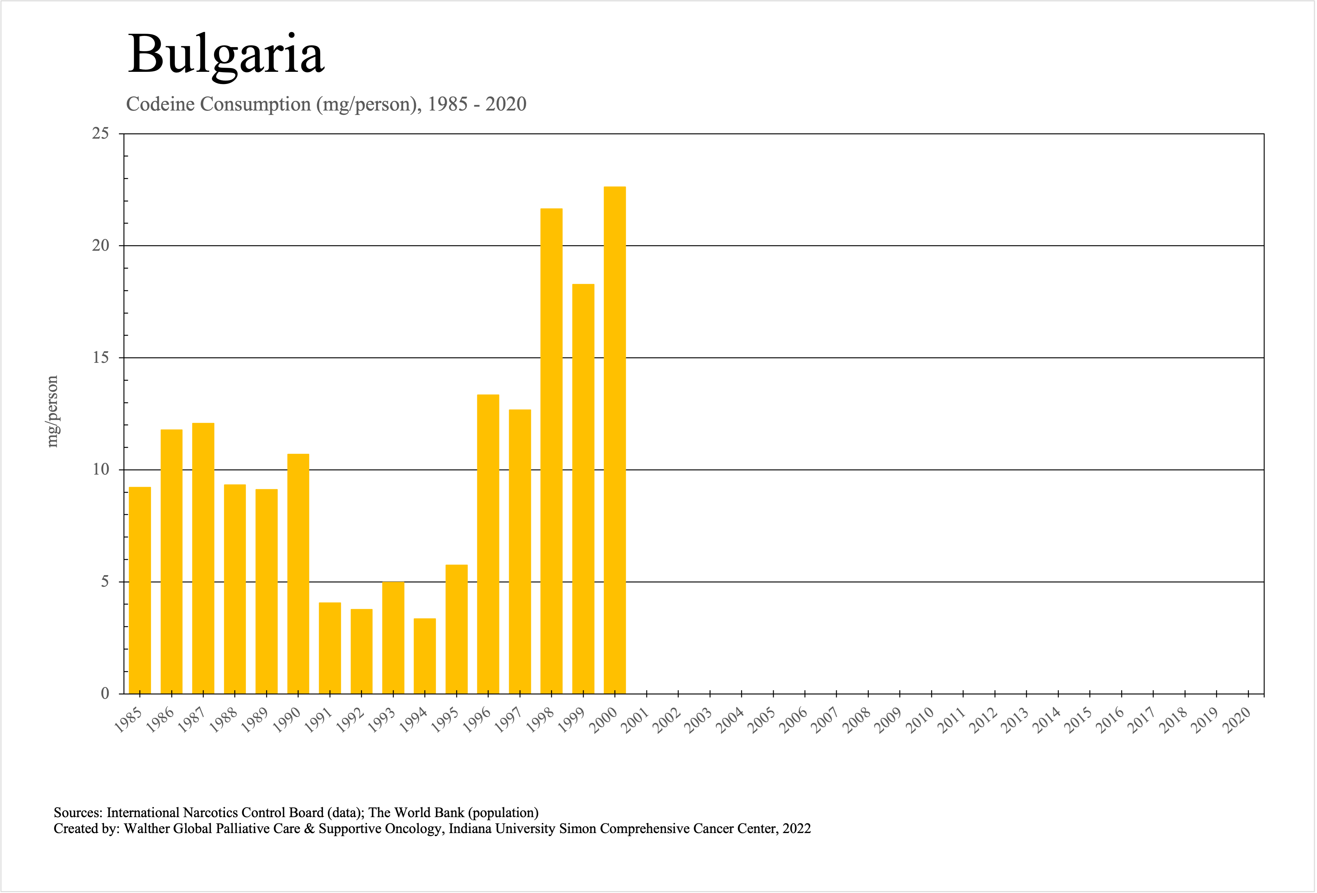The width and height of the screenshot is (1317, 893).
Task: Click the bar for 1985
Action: [140, 590]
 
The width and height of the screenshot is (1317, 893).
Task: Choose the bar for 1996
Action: [488, 544]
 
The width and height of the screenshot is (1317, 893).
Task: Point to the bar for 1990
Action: [298, 574]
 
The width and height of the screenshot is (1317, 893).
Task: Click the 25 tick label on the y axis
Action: [100, 134]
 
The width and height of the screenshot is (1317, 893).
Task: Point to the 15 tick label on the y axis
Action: [100, 358]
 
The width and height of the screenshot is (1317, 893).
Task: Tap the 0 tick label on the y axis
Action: [105, 693]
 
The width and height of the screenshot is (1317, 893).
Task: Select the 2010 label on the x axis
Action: [920, 721]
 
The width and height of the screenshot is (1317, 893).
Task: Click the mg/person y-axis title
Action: [52, 412]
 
